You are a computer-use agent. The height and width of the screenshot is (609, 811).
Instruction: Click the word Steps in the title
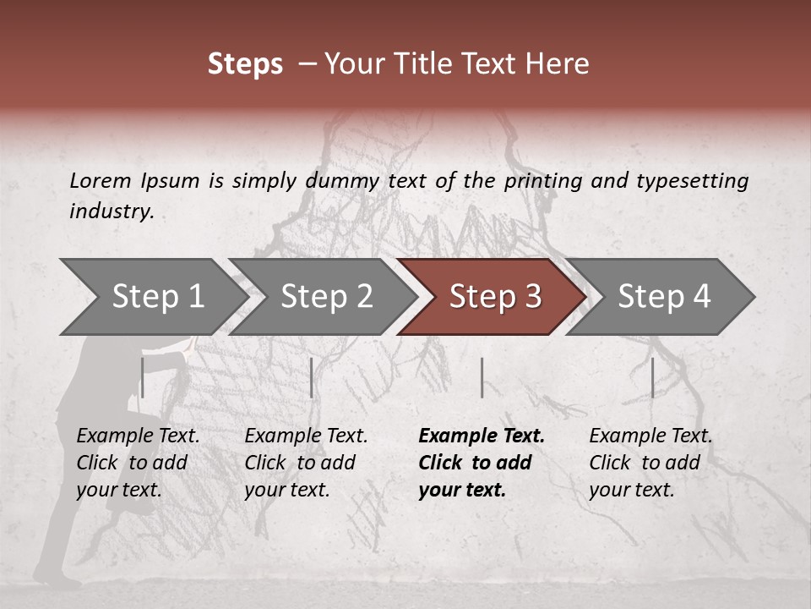(x=245, y=64)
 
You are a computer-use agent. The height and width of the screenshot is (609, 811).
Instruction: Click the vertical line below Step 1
(x=143, y=377)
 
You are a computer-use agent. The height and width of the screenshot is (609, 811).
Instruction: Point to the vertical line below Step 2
(x=312, y=377)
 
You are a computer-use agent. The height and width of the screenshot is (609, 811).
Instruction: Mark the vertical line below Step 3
(x=482, y=377)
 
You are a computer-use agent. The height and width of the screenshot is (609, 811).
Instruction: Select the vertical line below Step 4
(x=652, y=377)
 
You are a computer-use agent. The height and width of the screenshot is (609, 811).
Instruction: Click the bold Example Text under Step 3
(x=482, y=436)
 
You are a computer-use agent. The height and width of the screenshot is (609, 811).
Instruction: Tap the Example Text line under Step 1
(x=138, y=436)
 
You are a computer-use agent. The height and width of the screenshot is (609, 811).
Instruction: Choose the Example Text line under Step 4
(x=650, y=436)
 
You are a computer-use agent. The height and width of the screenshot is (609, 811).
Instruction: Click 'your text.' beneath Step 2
(x=286, y=490)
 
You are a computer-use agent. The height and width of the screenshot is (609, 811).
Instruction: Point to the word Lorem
(x=101, y=180)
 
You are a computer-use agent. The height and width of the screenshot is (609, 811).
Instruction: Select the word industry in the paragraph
(x=111, y=211)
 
